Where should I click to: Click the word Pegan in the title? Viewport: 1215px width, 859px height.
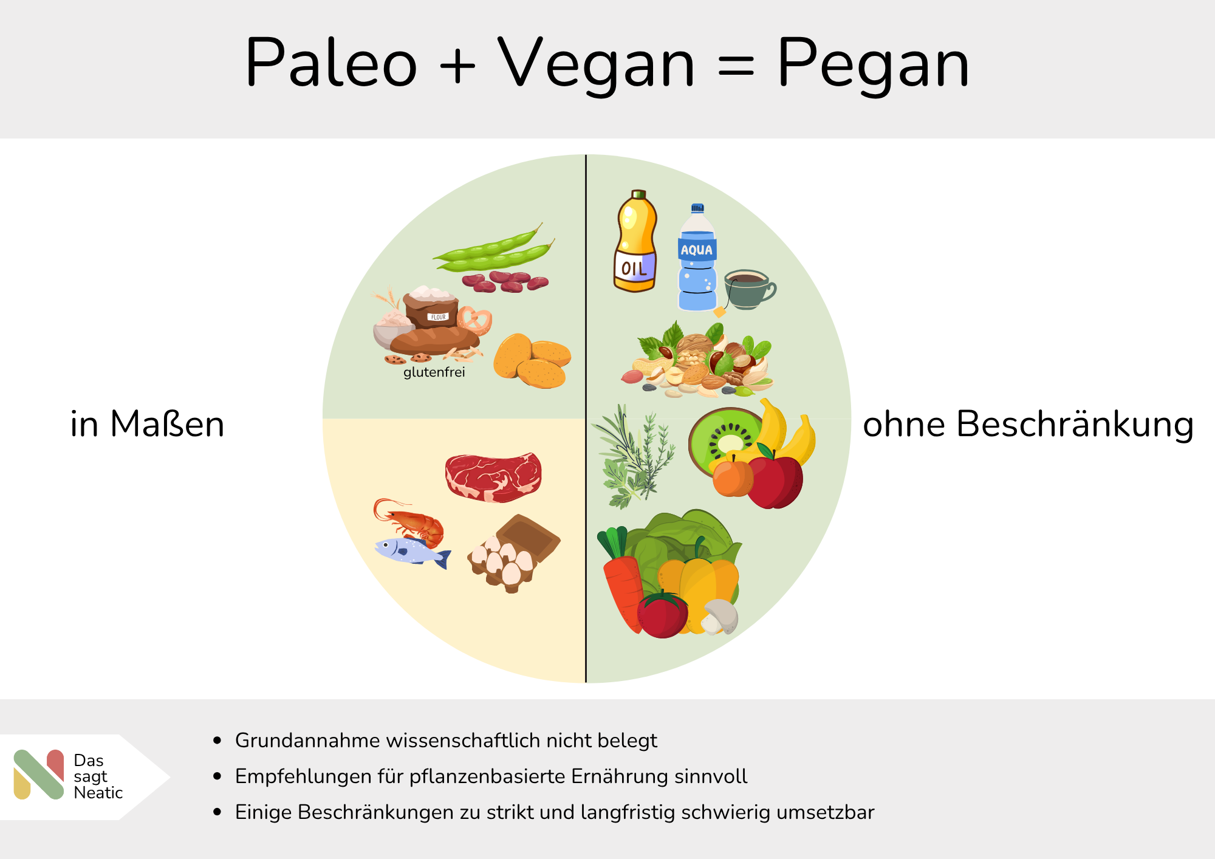[x=873, y=63]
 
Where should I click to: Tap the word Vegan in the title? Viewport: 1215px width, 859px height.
[x=596, y=63]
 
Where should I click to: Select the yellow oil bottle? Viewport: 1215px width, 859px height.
[x=635, y=241]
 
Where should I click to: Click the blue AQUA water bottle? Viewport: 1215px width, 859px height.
[x=697, y=258]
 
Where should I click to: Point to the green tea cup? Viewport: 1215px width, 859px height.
[x=750, y=289]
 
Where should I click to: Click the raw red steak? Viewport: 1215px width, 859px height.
[x=493, y=477]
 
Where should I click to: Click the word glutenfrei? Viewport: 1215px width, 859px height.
[x=434, y=372]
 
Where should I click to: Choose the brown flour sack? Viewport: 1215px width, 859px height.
[x=431, y=307]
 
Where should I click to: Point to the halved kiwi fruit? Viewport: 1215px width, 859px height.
[x=725, y=440]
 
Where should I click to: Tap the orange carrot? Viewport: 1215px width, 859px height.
[x=621, y=583]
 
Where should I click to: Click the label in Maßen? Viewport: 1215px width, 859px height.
[x=148, y=424]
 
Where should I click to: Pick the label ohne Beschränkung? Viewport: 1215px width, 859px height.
[x=1028, y=424]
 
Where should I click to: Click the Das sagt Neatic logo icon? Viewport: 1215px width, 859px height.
[x=39, y=775]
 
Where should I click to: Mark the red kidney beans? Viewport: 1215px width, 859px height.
[x=505, y=282]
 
